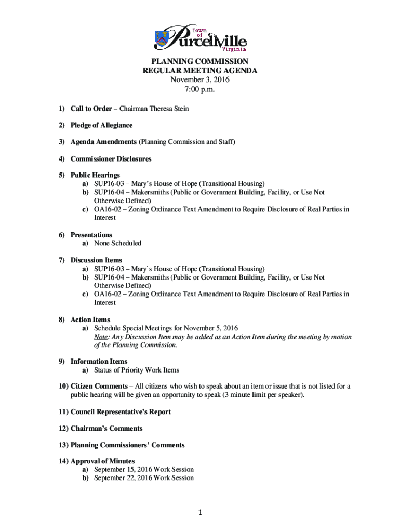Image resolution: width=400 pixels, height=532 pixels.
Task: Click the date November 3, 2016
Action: (200, 80)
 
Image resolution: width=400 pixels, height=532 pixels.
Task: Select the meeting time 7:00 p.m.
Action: (200, 89)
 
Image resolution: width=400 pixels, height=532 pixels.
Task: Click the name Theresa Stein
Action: (169, 109)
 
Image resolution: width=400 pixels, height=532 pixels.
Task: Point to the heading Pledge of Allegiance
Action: (101, 125)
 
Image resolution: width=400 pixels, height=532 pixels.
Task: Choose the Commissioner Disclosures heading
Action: (111, 158)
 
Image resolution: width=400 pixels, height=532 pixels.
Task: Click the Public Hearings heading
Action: (95, 175)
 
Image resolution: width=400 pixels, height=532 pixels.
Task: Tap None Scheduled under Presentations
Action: (117, 243)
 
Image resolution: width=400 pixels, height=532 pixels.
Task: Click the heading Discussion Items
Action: (96, 260)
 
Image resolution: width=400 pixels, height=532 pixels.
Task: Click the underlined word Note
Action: (101, 337)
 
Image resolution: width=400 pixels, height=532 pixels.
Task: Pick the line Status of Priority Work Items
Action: (136, 370)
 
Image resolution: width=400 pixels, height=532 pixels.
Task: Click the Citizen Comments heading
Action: (99, 386)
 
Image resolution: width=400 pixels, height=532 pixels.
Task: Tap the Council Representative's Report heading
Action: (121, 411)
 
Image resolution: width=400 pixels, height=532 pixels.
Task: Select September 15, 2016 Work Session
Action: (143, 469)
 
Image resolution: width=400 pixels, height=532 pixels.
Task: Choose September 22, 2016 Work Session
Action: (143, 477)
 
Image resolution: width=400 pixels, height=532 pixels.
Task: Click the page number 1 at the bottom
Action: (200, 513)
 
